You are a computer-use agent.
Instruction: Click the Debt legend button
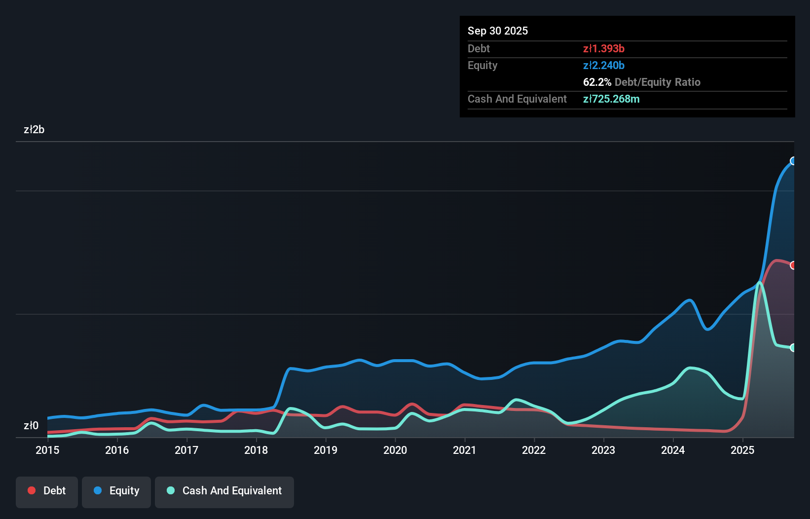point(47,491)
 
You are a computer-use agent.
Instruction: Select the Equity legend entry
point(116,491)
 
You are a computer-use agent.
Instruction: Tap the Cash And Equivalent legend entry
point(224,491)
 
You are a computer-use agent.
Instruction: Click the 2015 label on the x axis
point(47,450)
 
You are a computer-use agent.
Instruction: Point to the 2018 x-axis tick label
point(256,450)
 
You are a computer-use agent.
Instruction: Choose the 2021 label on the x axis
point(465,450)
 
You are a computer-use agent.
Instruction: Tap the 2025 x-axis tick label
point(742,450)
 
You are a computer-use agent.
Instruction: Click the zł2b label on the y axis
point(34,130)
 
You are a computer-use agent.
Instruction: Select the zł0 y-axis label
point(31,426)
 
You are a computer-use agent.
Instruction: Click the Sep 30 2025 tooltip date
point(498,31)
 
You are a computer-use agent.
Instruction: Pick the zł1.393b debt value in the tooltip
point(604,48)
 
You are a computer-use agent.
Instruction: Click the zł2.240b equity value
point(604,65)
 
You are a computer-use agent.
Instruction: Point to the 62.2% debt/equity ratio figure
point(597,82)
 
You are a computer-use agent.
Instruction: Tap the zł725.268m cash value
point(611,99)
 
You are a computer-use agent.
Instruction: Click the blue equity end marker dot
point(793,161)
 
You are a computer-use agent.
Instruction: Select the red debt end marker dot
point(793,265)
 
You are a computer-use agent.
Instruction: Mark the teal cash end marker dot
point(793,348)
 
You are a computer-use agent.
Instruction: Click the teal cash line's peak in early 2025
point(760,283)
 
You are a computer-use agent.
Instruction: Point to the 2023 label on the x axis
point(603,450)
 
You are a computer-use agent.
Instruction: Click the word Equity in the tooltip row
point(482,65)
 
